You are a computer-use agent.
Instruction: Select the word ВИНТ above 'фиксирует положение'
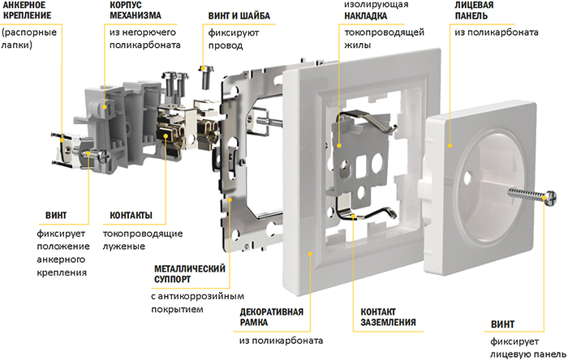pos(56,215)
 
